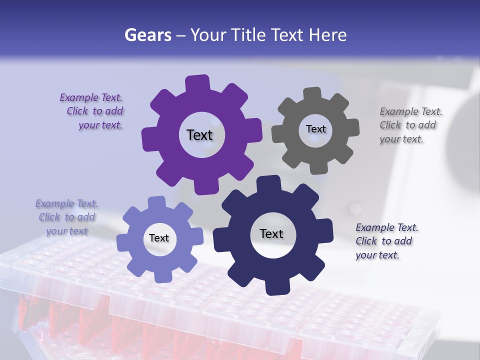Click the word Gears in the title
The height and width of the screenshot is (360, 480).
pyautogui.click(x=147, y=35)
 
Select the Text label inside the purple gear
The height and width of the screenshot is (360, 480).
pyautogui.click(x=199, y=135)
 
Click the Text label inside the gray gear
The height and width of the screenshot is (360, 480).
pyautogui.click(x=315, y=129)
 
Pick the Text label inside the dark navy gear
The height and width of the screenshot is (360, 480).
pyautogui.click(x=271, y=233)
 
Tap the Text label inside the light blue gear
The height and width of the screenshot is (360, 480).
pyautogui.click(x=159, y=238)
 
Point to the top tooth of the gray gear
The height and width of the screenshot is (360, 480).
pyautogui.click(x=312, y=94)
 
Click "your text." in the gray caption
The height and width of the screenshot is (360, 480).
pyautogui.click(x=401, y=139)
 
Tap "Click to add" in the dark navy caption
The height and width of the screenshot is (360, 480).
pyautogui.click(x=384, y=241)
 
